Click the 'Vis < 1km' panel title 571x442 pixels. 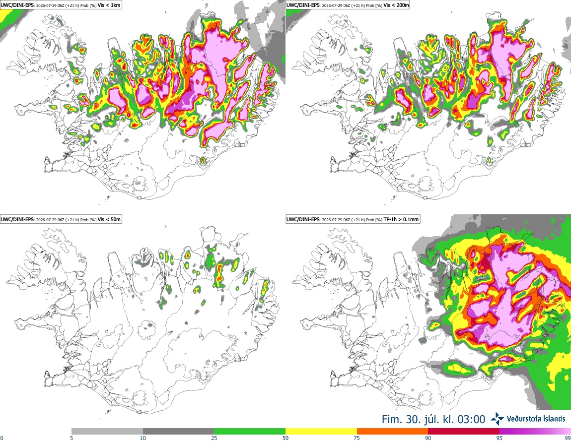pyautogui.click(x=109, y=5)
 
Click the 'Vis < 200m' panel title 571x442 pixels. pyautogui.click(x=396, y=5)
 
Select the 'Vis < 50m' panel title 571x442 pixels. pyautogui.click(x=109, y=219)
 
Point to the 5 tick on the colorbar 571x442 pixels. pyautogui.click(x=71, y=438)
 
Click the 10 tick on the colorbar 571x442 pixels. pyautogui.click(x=143, y=438)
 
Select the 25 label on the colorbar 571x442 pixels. pyautogui.click(x=214, y=438)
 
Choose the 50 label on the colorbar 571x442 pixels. pyautogui.click(x=285, y=438)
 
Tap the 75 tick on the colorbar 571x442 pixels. pyautogui.click(x=357, y=438)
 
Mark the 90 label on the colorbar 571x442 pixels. pyautogui.click(x=428, y=438)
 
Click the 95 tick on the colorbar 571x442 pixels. pyautogui.click(x=500, y=438)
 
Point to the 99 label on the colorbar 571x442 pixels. pyautogui.click(x=568, y=438)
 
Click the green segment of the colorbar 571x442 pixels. pyautogui.click(x=250, y=432)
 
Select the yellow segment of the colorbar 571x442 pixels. pyautogui.click(x=321, y=432)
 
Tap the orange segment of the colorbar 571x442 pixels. pyautogui.click(x=393, y=432)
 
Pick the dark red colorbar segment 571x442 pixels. pyautogui.click(x=464, y=432)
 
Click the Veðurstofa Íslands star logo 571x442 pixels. pyautogui.click(x=497, y=419)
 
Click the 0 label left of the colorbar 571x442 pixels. pyautogui.click(x=2, y=438)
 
